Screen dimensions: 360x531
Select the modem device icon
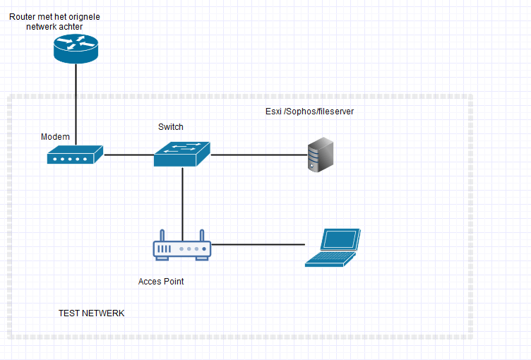click(75, 155)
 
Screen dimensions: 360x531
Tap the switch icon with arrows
click(182, 153)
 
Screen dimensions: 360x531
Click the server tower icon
click(320, 156)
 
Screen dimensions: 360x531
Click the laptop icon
click(333, 248)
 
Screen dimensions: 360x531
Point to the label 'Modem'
click(55, 136)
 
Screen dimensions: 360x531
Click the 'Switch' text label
click(171, 127)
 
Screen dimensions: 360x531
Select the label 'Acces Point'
click(161, 282)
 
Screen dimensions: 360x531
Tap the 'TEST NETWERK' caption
click(91, 313)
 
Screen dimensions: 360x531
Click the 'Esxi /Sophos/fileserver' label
click(304, 112)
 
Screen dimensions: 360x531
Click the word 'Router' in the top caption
click(23, 16)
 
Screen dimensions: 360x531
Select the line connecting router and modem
click(76, 106)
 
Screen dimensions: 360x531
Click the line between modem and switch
click(129, 154)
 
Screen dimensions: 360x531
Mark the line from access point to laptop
click(258, 244)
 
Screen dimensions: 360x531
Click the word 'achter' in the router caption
click(69, 26)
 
